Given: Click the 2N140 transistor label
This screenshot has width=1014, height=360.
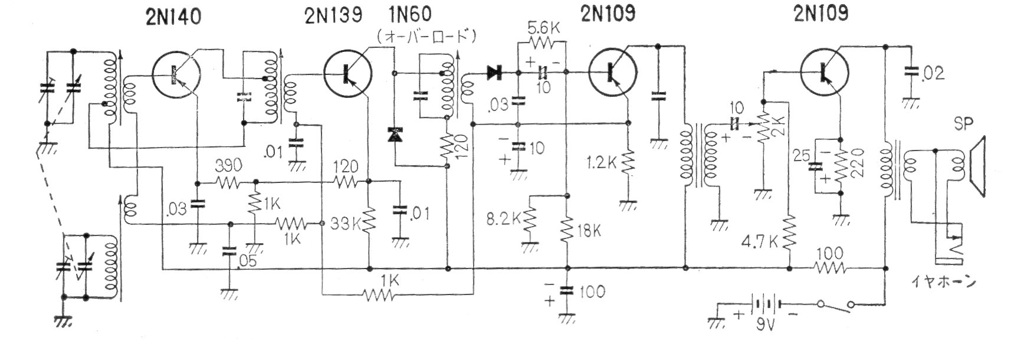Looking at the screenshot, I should tap(173, 17).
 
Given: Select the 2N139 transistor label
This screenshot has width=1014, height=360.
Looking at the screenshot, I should tap(333, 16).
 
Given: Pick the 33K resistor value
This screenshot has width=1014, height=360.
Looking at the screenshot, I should tap(346, 224).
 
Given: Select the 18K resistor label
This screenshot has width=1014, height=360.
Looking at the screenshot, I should tap(589, 230).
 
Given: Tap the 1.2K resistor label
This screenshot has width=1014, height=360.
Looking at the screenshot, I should tap(602, 162).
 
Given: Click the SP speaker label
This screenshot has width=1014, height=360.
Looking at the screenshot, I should tap(963, 125).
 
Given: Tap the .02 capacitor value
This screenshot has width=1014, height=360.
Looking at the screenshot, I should tap(933, 73).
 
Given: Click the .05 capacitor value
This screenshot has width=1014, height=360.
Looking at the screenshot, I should tap(248, 260).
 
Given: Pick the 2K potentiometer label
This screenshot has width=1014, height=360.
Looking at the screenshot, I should tap(782, 126).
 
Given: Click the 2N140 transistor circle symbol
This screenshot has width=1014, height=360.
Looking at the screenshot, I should tap(176, 75).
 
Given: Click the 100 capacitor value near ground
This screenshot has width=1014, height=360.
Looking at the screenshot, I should tap(592, 292).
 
